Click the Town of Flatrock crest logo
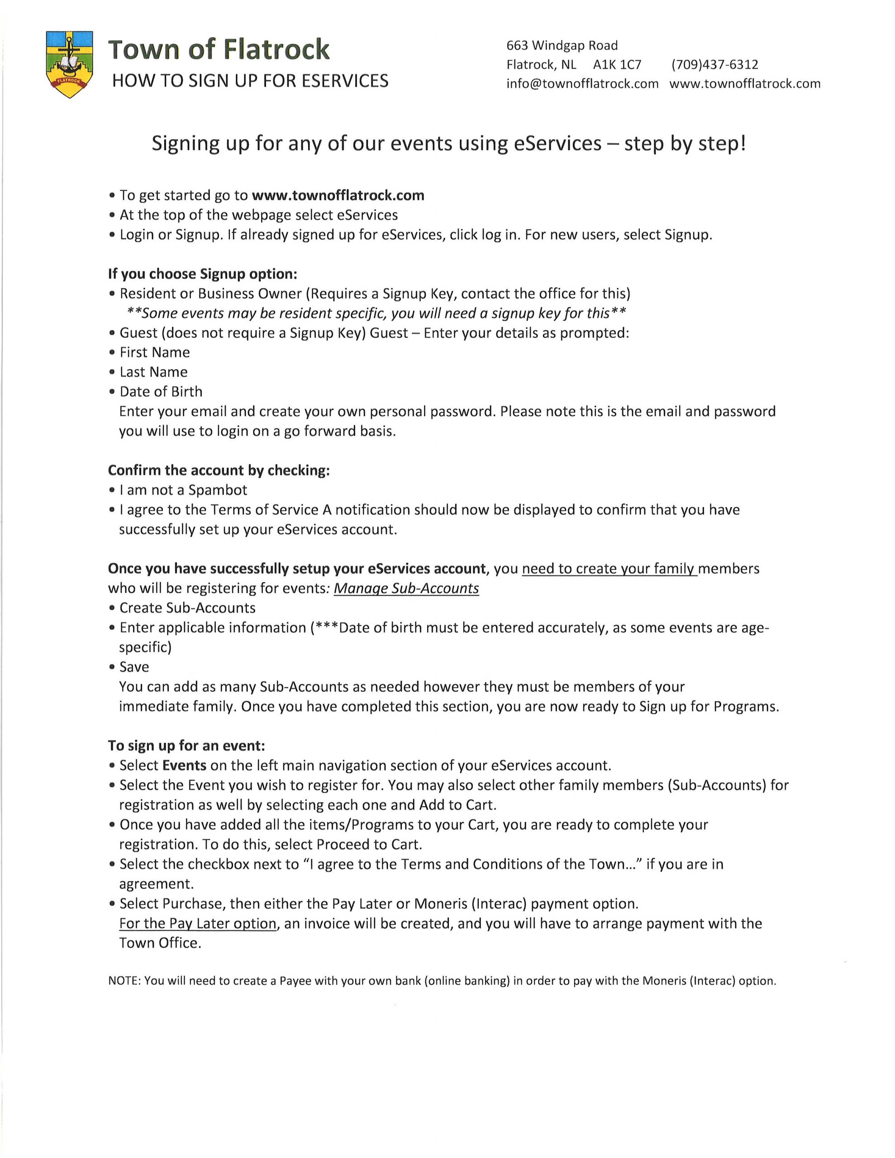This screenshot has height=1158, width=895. click(x=70, y=64)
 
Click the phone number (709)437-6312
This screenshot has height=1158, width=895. click(x=714, y=65)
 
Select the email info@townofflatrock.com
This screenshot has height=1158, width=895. click(x=582, y=84)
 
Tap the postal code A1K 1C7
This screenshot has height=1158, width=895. click(x=617, y=65)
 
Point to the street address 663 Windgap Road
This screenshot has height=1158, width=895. click(x=562, y=46)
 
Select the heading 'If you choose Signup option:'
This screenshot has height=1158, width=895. click(x=203, y=274)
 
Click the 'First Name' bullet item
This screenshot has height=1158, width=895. click(x=154, y=352)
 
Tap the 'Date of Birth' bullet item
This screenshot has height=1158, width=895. click(x=161, y=392)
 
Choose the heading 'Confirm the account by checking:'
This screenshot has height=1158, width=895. click(x=219, y=470)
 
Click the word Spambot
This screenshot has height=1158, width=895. click(x=218, y=490)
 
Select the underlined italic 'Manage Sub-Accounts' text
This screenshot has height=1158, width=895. click(x=406, y=588)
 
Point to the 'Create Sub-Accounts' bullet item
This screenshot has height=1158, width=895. click(x=187, y=608)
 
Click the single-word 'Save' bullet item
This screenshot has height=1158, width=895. click(x=134, y=667)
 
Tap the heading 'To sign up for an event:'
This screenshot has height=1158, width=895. click(x=186, y=746)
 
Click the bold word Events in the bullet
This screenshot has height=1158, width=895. click(x=184, y=766)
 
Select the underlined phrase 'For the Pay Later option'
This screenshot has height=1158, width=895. click(x=197, y=923)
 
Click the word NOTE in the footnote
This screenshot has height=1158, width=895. click(x=124, y=981)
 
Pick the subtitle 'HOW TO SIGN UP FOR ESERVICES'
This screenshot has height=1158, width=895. click(x=250, y=81)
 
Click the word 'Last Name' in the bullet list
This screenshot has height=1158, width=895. click(x=153, y=372)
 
